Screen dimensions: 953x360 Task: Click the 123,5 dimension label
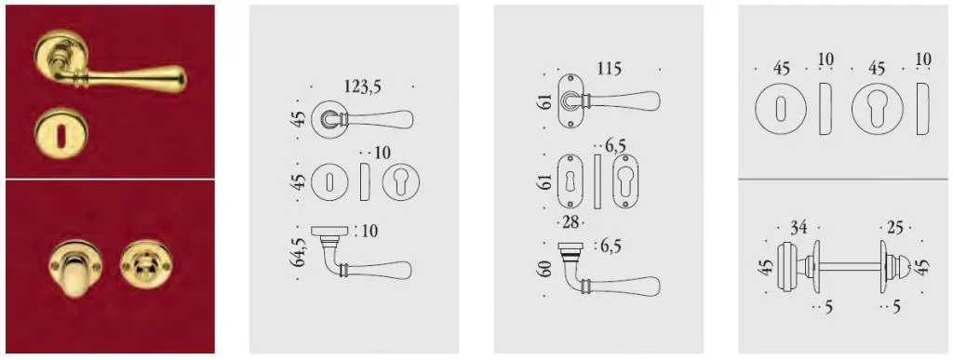(x=363, y=87)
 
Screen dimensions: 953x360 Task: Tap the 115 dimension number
(x=609, y=69)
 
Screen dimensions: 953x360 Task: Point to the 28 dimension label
(x=570, y=223)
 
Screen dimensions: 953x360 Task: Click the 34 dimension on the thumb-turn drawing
(x=799, y=228)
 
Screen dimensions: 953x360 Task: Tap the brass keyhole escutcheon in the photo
(x=60, y=133)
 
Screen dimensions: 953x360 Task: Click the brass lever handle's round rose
(x=60, y=57)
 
